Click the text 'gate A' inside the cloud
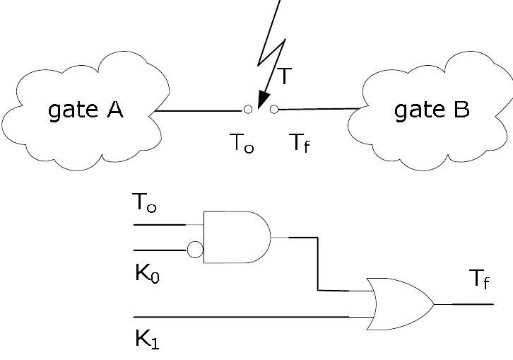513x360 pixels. [85, 111]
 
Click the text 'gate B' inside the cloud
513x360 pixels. [431, 111]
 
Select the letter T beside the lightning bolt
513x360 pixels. [283, 76]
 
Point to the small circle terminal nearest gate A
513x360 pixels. [247, 110]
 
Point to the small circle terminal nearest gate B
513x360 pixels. [274, 109]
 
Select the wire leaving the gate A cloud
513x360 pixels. [198, 110]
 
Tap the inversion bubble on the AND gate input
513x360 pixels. [195, 250]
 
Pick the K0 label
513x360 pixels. [147, 274]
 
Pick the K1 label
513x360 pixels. [147, 339]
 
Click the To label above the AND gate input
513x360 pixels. [144, 204]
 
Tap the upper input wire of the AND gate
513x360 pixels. [159, 225]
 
